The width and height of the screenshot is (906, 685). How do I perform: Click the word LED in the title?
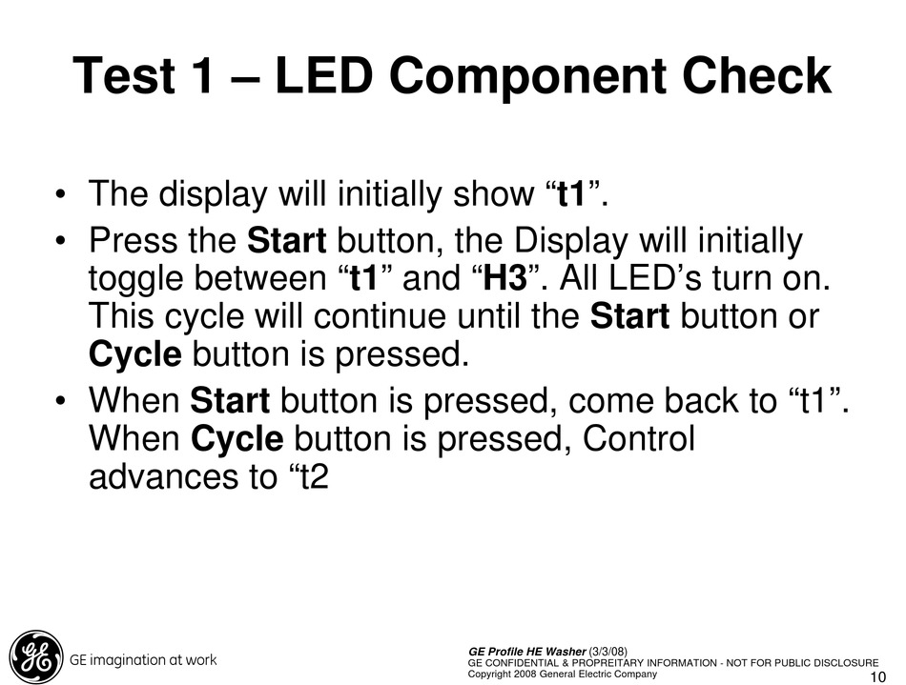pos(323,75)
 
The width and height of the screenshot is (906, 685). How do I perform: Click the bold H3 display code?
pos(505,278)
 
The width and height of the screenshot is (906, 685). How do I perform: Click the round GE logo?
pos(35,656)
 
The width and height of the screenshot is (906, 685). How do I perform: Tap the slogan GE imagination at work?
pos(143,659)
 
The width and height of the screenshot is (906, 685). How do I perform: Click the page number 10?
pos(877,677)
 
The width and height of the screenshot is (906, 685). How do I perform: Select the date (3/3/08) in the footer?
pos(607,652)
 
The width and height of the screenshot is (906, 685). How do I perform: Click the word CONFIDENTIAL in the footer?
pos(523,663)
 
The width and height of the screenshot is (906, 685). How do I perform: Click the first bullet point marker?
pos(59,194)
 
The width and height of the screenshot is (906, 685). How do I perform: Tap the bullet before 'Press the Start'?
pos(59,241)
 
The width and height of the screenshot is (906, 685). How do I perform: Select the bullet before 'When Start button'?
pos(59,401)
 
